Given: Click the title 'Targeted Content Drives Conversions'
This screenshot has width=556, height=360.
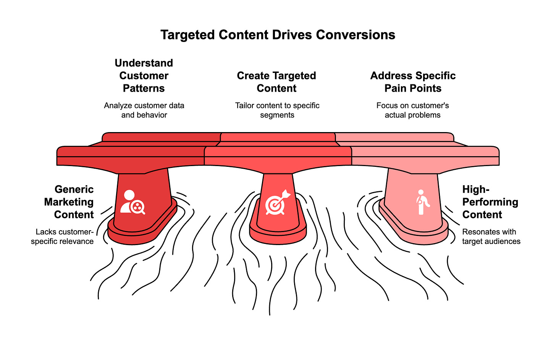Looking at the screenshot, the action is (278, 35).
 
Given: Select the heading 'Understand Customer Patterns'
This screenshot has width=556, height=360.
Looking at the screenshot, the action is (144, 76).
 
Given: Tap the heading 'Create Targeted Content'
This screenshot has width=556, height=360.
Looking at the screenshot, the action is (276, 82).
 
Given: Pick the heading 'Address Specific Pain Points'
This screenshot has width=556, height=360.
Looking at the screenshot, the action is (413, 82).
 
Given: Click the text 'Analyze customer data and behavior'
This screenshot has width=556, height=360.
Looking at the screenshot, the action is (144, 110).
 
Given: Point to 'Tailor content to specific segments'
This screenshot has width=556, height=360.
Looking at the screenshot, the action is (277, 110).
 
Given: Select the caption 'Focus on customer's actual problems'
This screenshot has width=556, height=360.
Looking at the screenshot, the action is (412, 110).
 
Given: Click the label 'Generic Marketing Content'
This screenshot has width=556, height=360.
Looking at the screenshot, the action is (69, 202).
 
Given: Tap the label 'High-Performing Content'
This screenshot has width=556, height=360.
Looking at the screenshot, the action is (490, 202).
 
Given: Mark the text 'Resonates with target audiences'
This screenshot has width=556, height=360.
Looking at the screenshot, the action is (491, 236).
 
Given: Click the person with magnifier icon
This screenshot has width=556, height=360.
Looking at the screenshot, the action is (132, 202).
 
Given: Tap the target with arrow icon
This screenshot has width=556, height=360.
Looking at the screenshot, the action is (277, 203).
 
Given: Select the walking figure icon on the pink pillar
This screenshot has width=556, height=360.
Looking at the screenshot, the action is (422, 202).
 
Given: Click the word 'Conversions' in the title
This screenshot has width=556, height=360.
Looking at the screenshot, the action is (356, 35).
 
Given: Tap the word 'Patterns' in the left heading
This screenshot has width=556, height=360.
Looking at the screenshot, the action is (144, 88).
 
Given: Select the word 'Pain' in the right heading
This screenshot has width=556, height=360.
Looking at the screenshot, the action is (395, 88).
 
